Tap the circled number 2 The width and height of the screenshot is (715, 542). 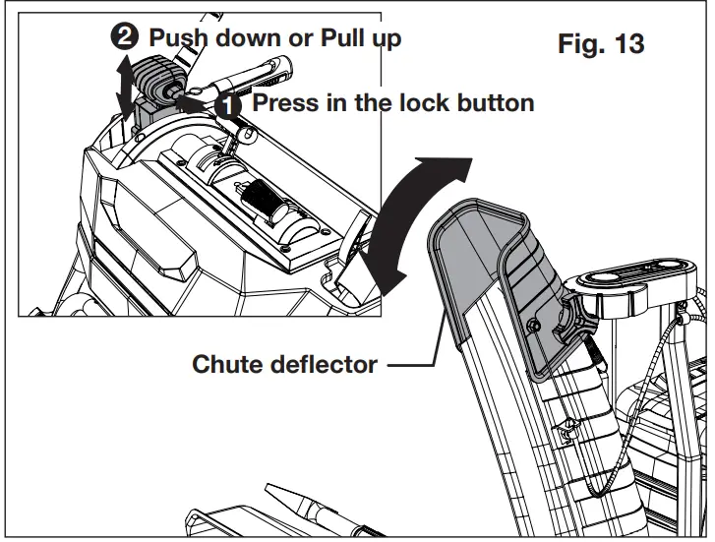tap(125, 38)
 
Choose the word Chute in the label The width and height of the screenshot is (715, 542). tap(224, 365)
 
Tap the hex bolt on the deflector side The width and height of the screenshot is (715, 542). tap(531, 325)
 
